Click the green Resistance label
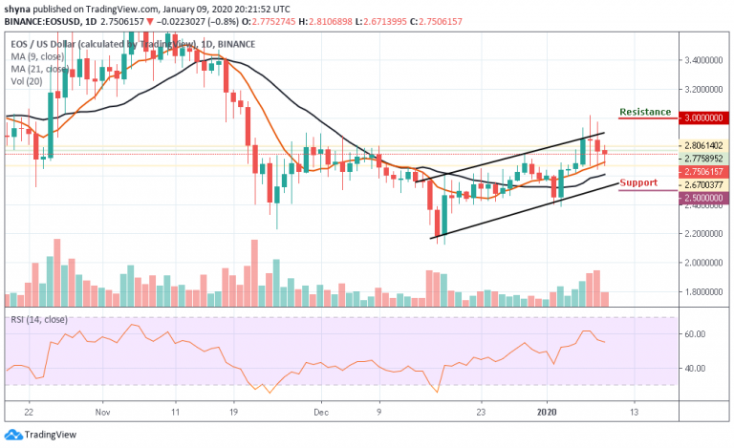coord(645,112)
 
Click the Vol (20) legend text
coord(26,83)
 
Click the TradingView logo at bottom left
coord(41,434)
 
